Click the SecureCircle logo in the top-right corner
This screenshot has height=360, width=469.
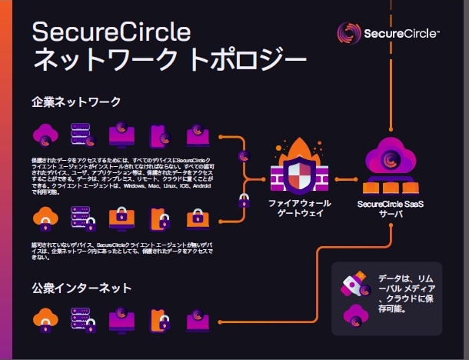click(x=388, y=34)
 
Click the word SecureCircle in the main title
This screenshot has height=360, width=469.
click(x=111, y=32)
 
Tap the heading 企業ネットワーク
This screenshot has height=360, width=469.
click(x=76, y=101)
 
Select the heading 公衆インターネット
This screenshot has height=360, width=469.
click(x=81, y=288)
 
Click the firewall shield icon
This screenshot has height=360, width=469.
click(x=297, y=176)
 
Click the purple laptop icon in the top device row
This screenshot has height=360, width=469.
click(x=196, y=135)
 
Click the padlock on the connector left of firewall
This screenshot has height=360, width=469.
click(x=244, y=202)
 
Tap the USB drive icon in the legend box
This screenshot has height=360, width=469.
click(x=354, y=285)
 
